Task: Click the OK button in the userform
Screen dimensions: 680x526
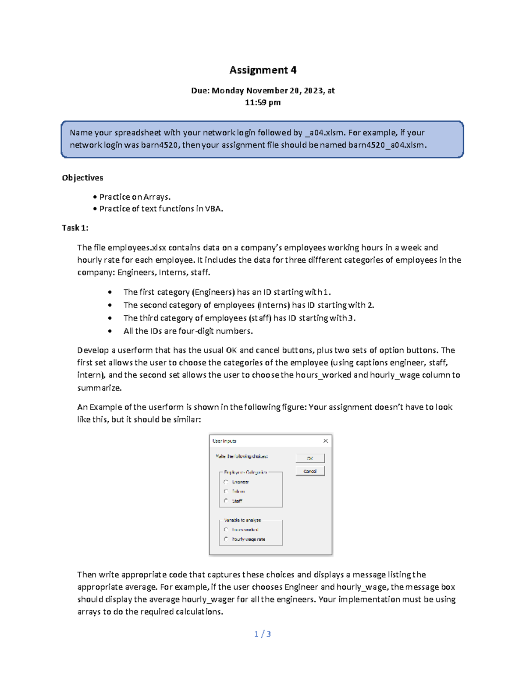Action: click(x=310, y=458)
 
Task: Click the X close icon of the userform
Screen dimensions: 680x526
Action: click(x=326, y=441)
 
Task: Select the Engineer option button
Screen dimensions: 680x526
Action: click(x=226, y=482)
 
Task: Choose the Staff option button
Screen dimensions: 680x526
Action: click(x=226, y=500)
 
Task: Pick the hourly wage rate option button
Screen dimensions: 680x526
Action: click(x=226, y=539)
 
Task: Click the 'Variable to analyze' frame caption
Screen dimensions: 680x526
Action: click(x=242, y=520)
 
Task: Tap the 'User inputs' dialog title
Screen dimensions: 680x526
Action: click(x=224, y=441)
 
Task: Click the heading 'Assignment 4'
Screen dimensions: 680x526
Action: click(x=263, y=70)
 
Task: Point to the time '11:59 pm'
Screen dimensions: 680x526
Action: click(x=263, y=102)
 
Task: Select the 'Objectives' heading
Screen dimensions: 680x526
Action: click(x=82, y=178)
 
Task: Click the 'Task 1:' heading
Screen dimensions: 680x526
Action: click(x=75, y=228)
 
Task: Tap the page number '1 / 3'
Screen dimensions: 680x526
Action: click(x=263, y=634)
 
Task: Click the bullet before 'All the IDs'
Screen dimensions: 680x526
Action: click(x=110, y=331)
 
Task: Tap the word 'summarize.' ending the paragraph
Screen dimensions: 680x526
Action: click(x=100, y=388)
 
